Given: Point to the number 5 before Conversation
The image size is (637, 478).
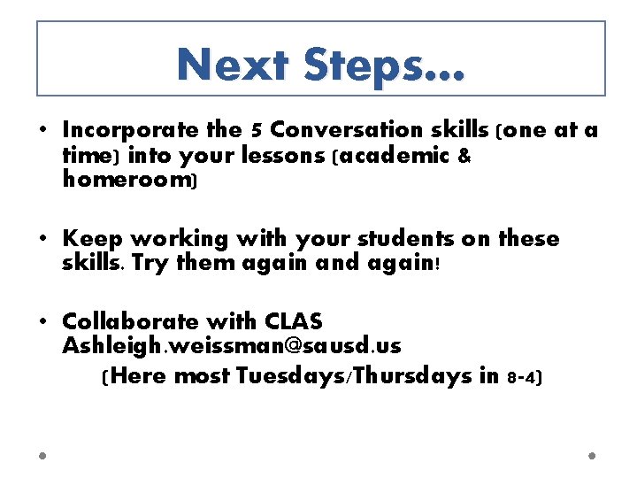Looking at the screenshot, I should [x=256, y=131].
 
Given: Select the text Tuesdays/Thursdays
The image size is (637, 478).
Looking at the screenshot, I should [x=356, y=376].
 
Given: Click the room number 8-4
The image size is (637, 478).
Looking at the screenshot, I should [x=524, y=377].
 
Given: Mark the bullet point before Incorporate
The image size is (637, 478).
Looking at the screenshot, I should [x=43, y=131].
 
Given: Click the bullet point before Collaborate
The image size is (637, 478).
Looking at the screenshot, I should [x=43, y=321].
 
